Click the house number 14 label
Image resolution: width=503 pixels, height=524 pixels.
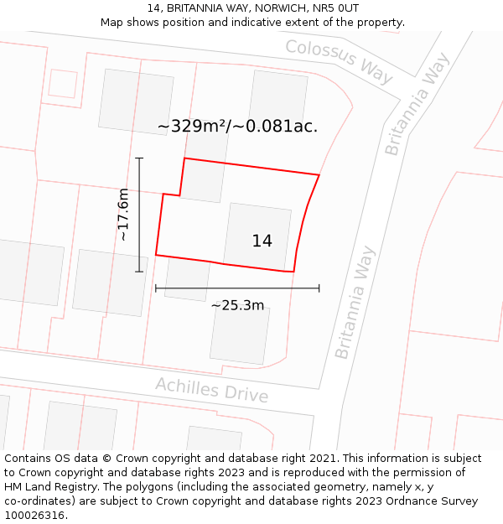click(x=262, y=241)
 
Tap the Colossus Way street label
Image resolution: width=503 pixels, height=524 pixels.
click(x=339, y=60)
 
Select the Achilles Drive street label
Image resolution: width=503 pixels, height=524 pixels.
click(x=211, y=390)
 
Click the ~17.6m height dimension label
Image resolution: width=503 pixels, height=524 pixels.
click(x=123, y=215)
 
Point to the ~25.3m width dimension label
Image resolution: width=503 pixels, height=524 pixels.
click(x=237, y=305)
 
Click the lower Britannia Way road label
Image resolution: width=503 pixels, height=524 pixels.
click(x=355, y=302)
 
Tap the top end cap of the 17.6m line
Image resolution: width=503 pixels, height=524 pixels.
click(x=139, y=158)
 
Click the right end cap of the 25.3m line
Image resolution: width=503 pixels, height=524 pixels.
click(x=319, y=288)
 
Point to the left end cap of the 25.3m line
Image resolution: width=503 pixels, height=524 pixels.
click(x=156, y=288)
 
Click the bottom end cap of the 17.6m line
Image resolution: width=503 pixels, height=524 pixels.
click(x=139, y=272)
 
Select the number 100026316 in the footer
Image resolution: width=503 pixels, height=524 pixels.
click(x=35, y=515)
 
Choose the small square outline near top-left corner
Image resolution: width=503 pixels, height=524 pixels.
click(x=63, y=83)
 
